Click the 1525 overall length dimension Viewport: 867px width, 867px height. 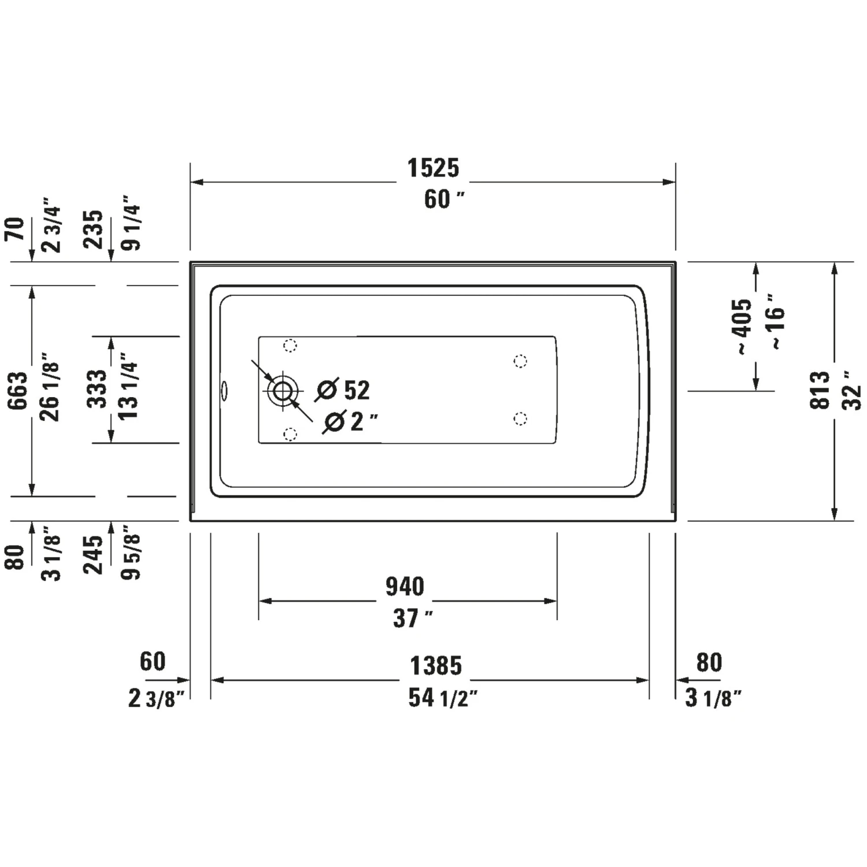tap(433, 168)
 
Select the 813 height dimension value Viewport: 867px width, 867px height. tap(820, 391)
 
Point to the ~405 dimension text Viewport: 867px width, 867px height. tap(743, 327)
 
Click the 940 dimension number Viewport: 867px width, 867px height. tap(405, 587)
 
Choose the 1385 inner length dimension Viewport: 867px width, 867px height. tap(436, 666)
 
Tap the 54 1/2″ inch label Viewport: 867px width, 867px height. tap(443, 698)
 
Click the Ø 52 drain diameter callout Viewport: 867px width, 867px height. tap(343, 390)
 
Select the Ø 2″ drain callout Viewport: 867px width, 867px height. tap(350, 421)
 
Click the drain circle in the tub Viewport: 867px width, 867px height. tap(283, 391)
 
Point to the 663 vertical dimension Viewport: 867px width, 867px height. tap(18, 391)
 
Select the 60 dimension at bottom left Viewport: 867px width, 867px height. tap(153, 661)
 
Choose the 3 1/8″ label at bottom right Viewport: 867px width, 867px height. tap(712, 698)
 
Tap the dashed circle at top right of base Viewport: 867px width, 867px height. tap(520, 361)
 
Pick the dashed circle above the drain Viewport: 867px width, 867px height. tap(290, 346)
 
